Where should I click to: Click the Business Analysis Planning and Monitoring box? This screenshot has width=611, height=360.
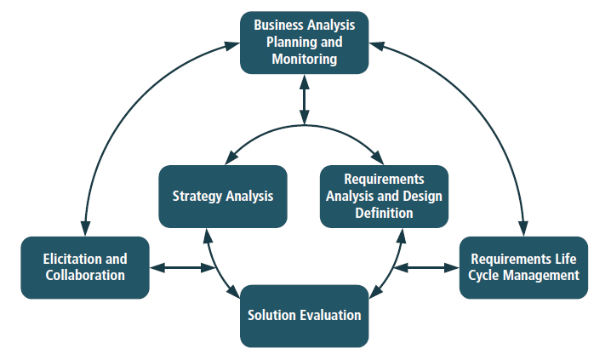click(x=304, y=42)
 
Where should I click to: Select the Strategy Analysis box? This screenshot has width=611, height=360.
click(x=223, y=196)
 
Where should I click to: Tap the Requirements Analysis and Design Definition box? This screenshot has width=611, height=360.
click(x=384, y=196)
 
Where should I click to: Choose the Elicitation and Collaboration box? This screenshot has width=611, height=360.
click(x=85, y=267)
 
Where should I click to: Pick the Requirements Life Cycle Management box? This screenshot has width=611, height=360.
click(x=523, y=267)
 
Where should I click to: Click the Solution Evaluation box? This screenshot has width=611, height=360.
click(x=304, y=316)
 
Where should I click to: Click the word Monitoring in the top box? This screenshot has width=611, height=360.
click(x=304, y=60)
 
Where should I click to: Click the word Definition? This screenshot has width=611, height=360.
click(x=384, y=213)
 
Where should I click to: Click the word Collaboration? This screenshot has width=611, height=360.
click(x=85, y=275)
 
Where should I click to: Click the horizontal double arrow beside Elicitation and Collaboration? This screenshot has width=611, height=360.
click(x=182, y=268)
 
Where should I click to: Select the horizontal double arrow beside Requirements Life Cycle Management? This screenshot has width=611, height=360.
click(x=426, y=268)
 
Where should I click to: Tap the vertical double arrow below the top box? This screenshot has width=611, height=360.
click(x=304, y=99)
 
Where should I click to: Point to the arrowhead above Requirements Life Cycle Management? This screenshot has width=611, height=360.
click(x=523, y=229)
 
